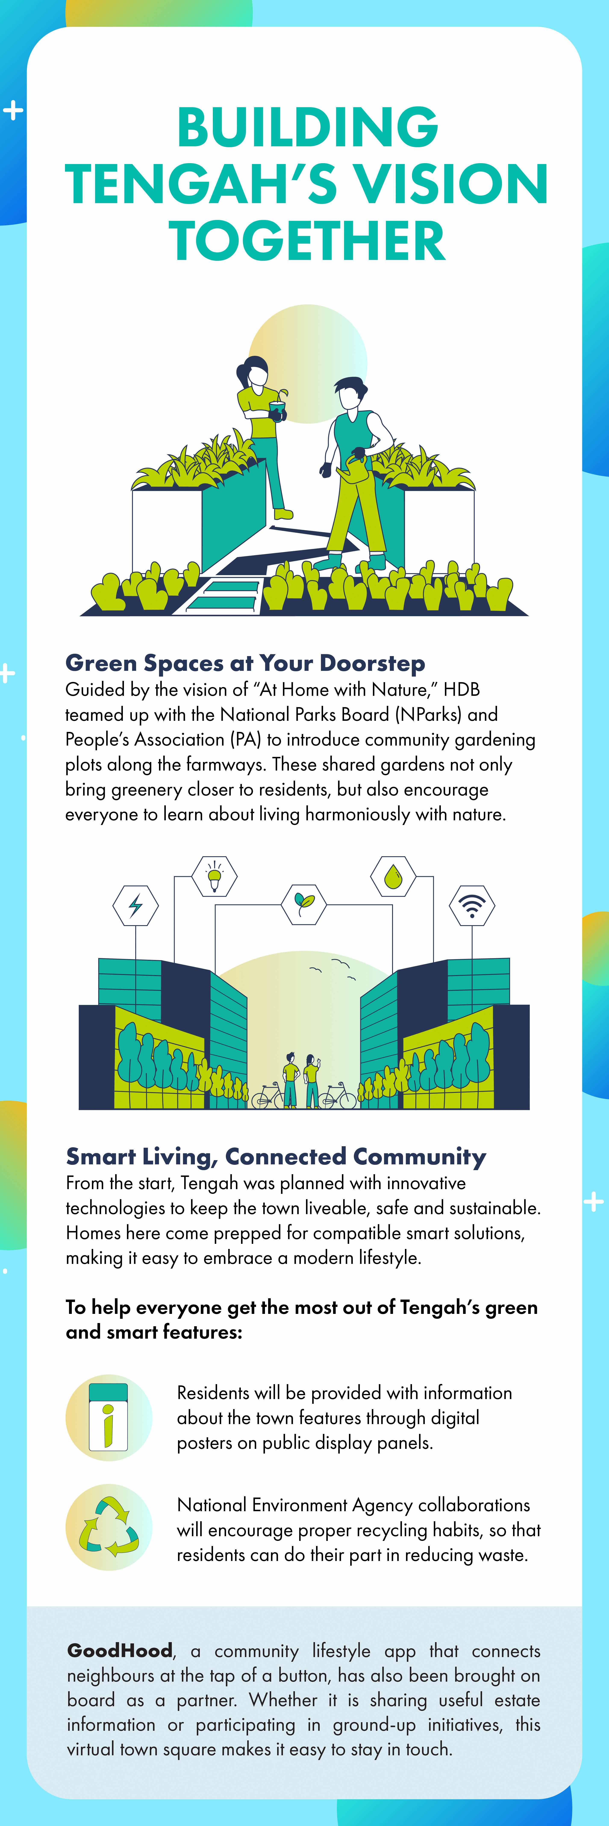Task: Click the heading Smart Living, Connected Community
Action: click(276, 1156)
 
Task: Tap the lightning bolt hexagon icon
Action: click(135, 905)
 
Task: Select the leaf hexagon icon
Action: click(304, 904)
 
